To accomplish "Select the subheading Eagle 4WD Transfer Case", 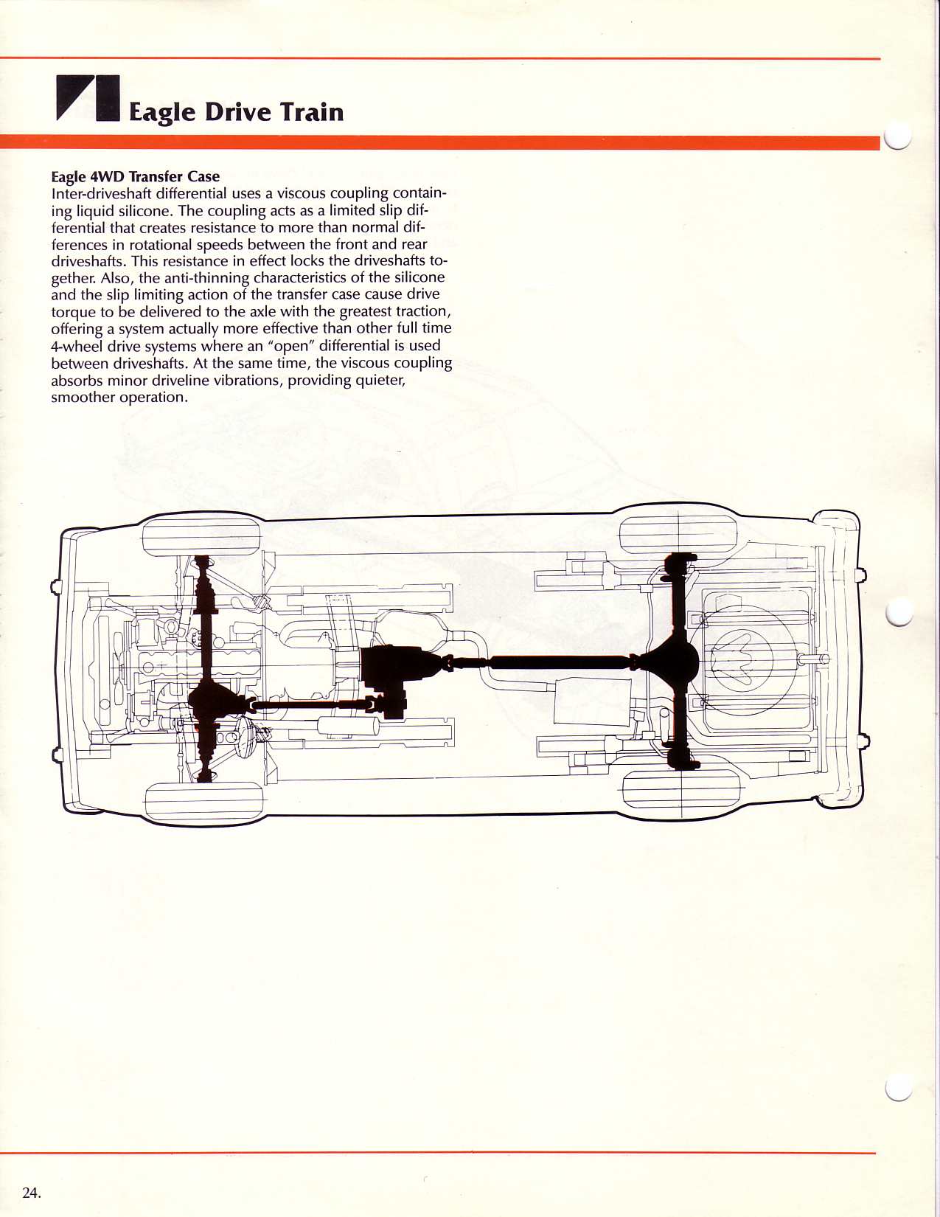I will tap(135, 176).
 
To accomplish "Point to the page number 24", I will tap(31, 1193).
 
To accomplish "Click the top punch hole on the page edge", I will tap(899, 135).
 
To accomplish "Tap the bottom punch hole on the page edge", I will tap(899, 1086).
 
